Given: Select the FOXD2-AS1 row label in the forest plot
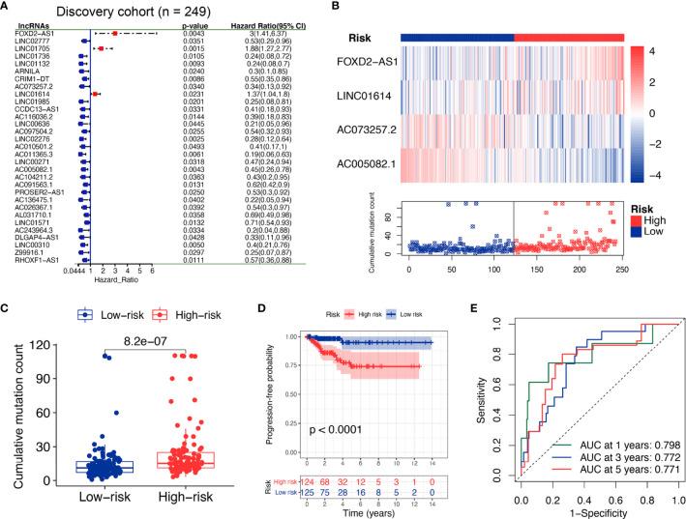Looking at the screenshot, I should click(28, 33).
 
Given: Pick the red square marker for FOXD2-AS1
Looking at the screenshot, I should click(114, 33).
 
